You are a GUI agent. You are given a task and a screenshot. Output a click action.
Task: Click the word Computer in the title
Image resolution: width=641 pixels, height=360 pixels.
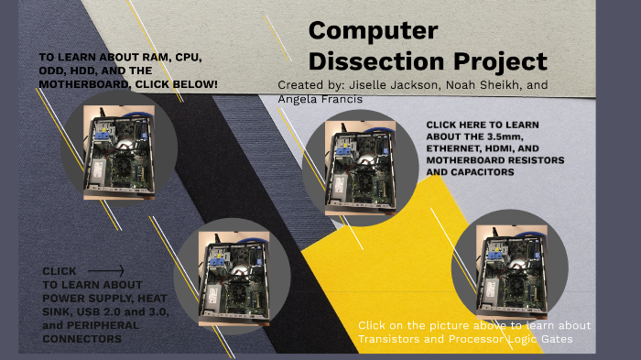click(x=373, y=30)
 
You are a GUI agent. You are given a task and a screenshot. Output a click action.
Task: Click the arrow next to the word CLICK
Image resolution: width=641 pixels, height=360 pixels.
click(x=105, y=271)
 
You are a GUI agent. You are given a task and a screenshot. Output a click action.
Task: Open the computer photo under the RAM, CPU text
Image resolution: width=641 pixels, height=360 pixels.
click(x=118, y=151)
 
